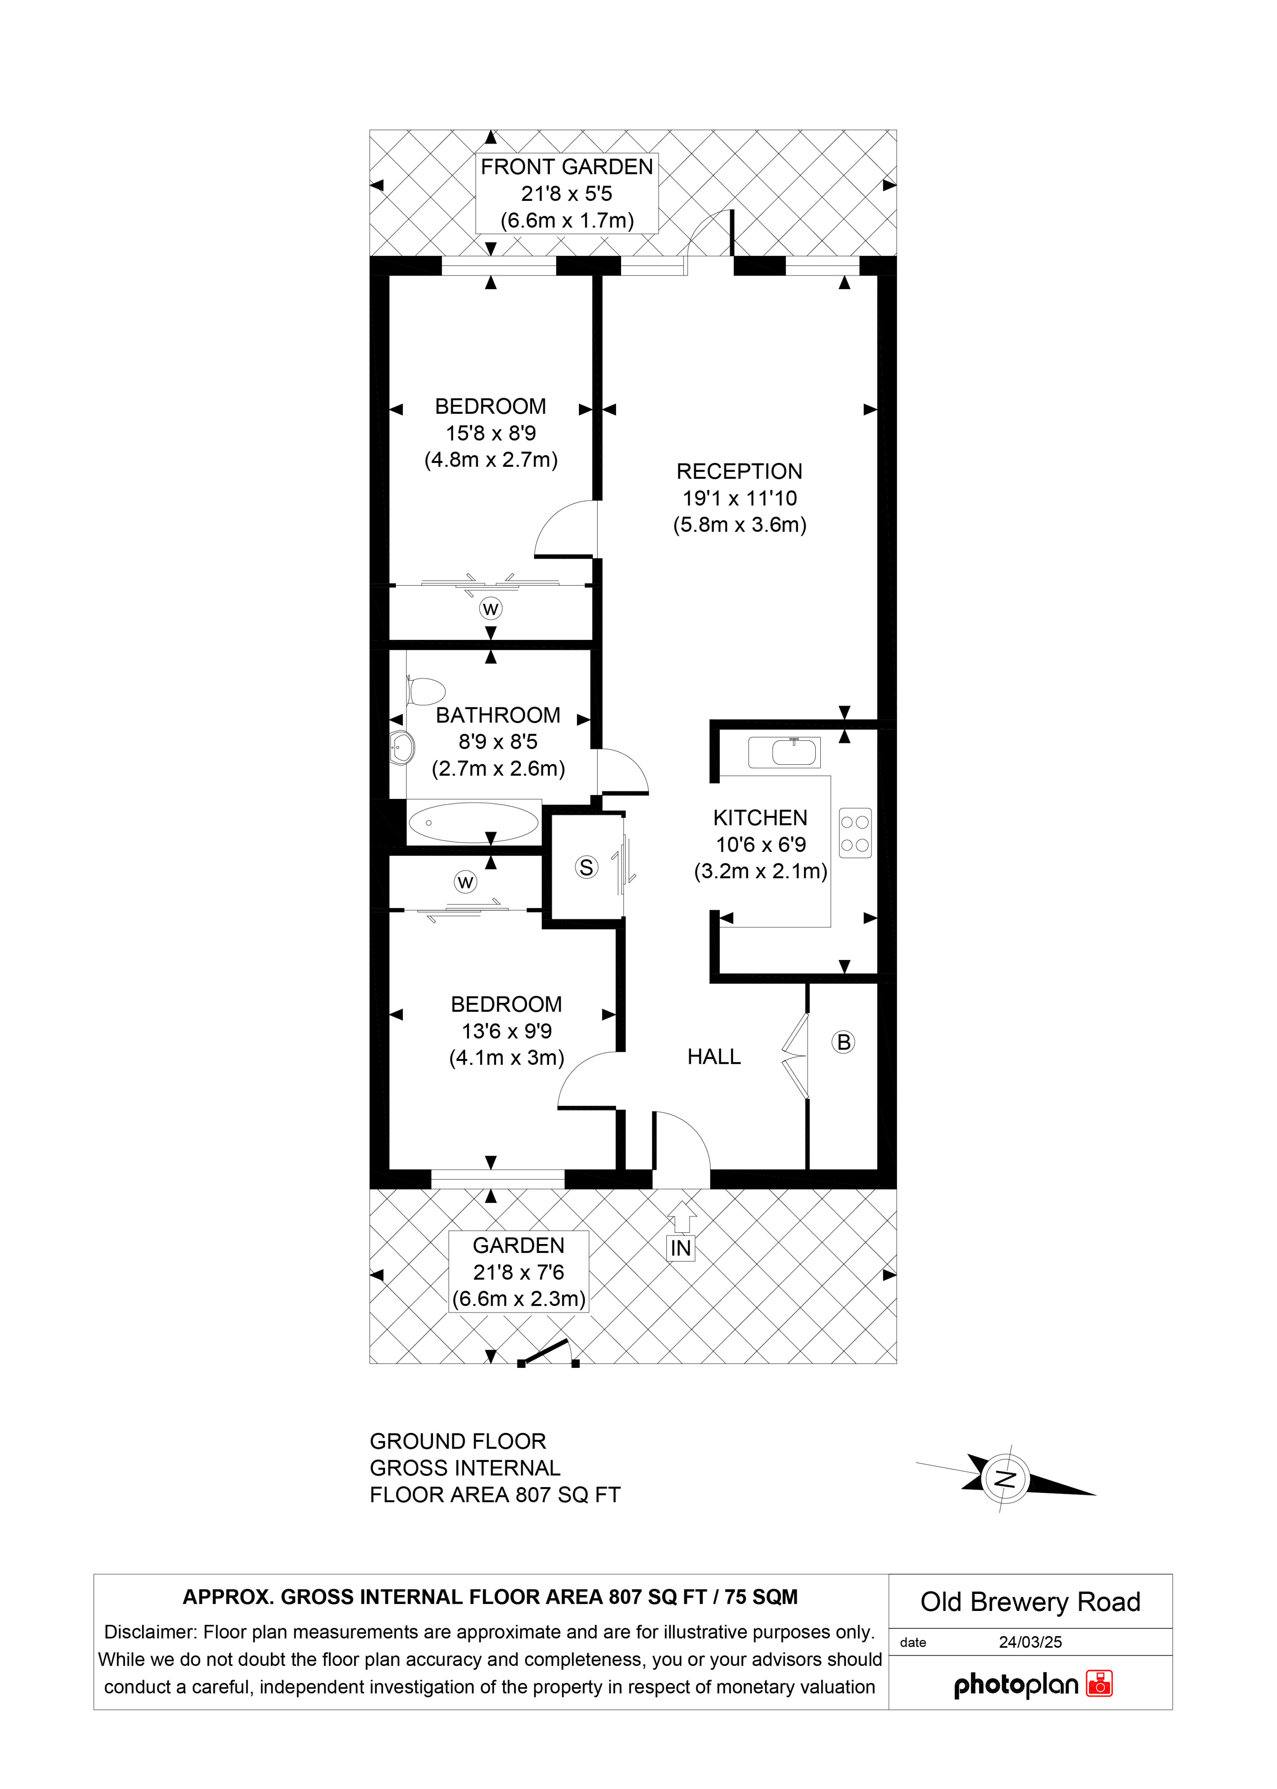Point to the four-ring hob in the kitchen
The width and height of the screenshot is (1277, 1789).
[x=855, y=834]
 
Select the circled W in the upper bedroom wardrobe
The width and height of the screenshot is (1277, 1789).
[x=491, y=609]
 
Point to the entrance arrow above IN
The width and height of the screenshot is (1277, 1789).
[x=682, y=1217]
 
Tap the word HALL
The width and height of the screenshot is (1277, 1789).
[x=714, y=1057]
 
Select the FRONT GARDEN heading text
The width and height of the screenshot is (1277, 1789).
[x=567, y=167]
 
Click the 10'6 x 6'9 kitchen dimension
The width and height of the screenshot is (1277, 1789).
[x=760, y=844]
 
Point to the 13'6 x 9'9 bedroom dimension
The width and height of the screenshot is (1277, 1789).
[x=506, y=1031]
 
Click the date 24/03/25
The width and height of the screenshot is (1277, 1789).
[x=1030, y=1642]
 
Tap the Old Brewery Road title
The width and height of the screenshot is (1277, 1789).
[x=1030, y=1602]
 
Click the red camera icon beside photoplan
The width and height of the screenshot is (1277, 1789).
[x=1099, y=1684]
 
